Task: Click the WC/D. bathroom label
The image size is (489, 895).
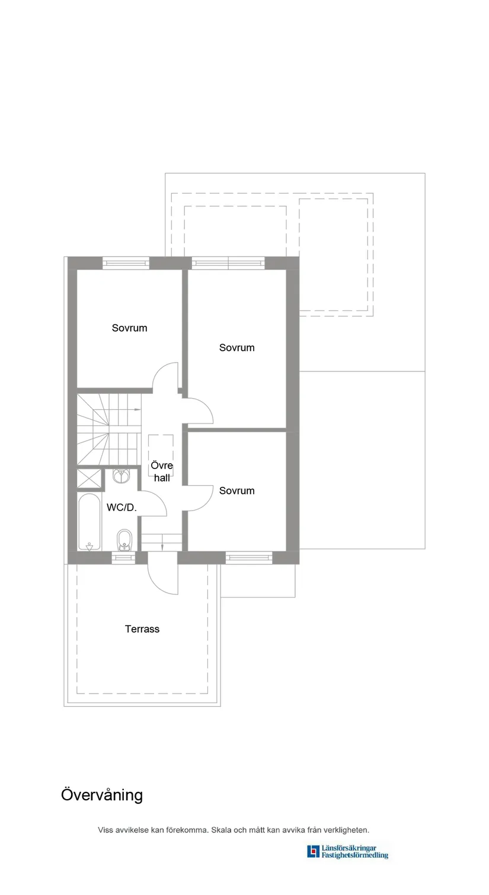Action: (x=122, y=508)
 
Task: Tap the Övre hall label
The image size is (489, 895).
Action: (x=162, y=471)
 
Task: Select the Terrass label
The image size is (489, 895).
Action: (x=142, y=629)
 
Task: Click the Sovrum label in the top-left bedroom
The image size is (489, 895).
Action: (x=129, y=328)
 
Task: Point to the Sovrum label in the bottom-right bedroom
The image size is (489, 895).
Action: (x=236, y=490)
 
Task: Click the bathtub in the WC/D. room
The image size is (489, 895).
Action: (x=90, y=522)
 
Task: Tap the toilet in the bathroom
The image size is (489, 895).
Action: (x=124, y=540)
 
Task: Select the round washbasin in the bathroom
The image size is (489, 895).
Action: (x=122, y=476)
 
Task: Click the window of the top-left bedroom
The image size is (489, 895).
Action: (x=126, y=263)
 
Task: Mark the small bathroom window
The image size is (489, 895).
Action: (x=123, y=557)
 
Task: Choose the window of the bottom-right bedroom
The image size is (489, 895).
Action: (x=248, y=557)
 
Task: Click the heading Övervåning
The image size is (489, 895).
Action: (x=102, y=795)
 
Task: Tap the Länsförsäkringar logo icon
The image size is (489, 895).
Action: (x=312, y=852)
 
